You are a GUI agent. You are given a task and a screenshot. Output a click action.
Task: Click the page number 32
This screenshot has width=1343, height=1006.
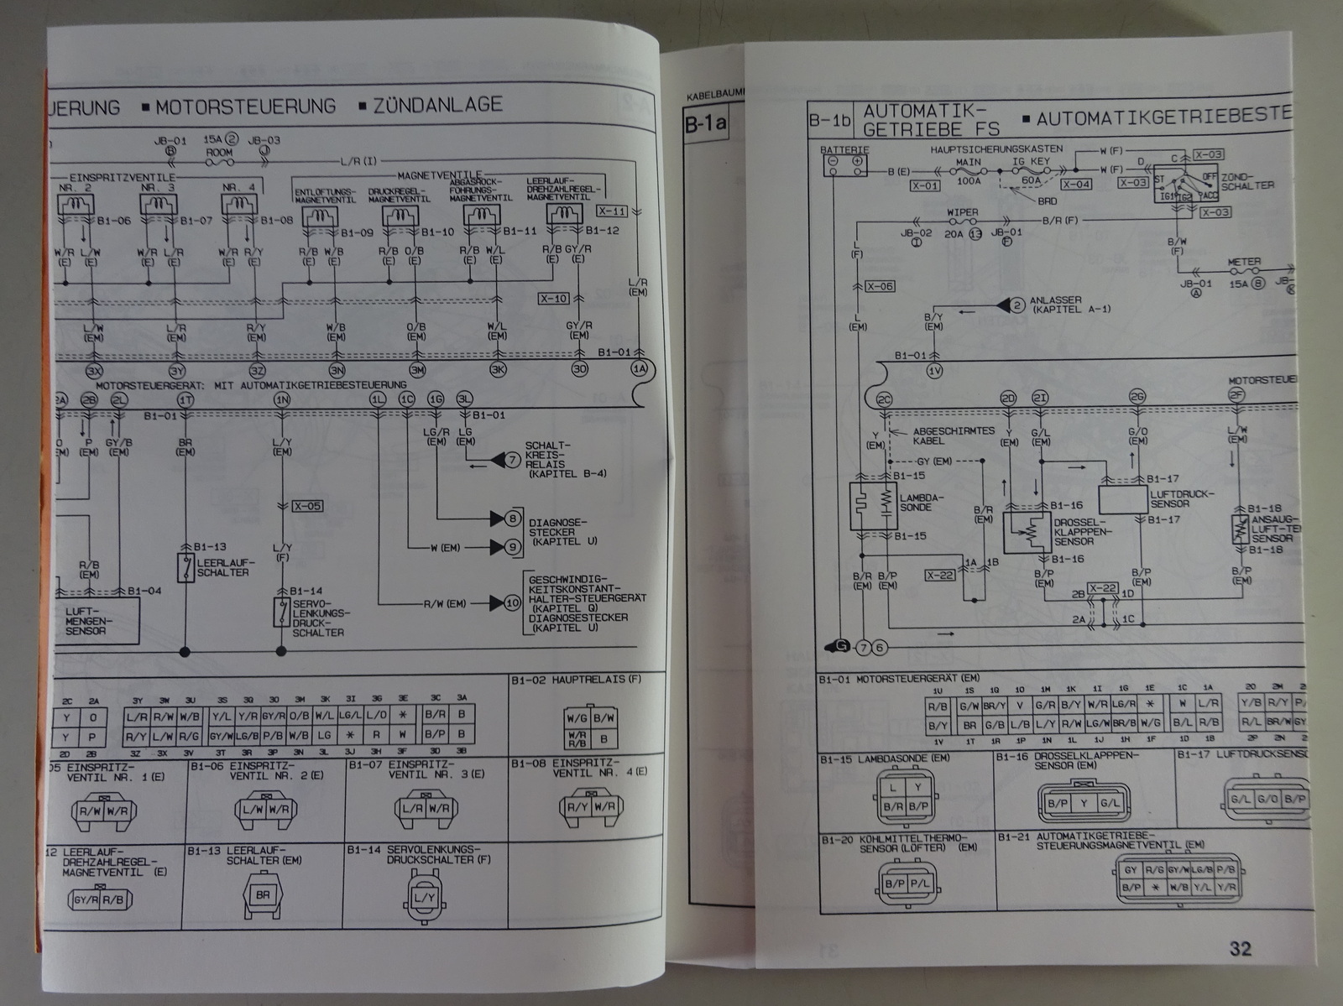[1240, 948]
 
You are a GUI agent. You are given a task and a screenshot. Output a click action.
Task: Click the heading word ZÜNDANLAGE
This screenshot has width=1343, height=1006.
[437, 106]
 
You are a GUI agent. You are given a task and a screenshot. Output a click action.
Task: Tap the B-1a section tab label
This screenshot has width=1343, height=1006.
[705, 126]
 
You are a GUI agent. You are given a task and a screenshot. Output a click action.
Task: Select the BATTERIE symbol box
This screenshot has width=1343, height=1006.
[844, 164]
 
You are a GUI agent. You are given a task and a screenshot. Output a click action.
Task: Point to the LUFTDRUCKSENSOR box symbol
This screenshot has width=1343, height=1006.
[1124, 498]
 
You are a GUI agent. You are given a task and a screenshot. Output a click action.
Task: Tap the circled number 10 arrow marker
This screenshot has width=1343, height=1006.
[511, 602]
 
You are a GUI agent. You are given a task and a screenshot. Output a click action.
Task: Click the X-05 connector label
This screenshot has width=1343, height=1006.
[307, 506]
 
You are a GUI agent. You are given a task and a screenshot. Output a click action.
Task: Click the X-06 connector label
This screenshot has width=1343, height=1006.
[881, 286]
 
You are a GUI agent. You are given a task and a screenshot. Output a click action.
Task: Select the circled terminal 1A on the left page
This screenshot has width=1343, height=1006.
[639, 368]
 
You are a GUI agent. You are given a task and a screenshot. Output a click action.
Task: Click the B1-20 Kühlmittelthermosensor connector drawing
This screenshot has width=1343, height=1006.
[907, 884]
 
